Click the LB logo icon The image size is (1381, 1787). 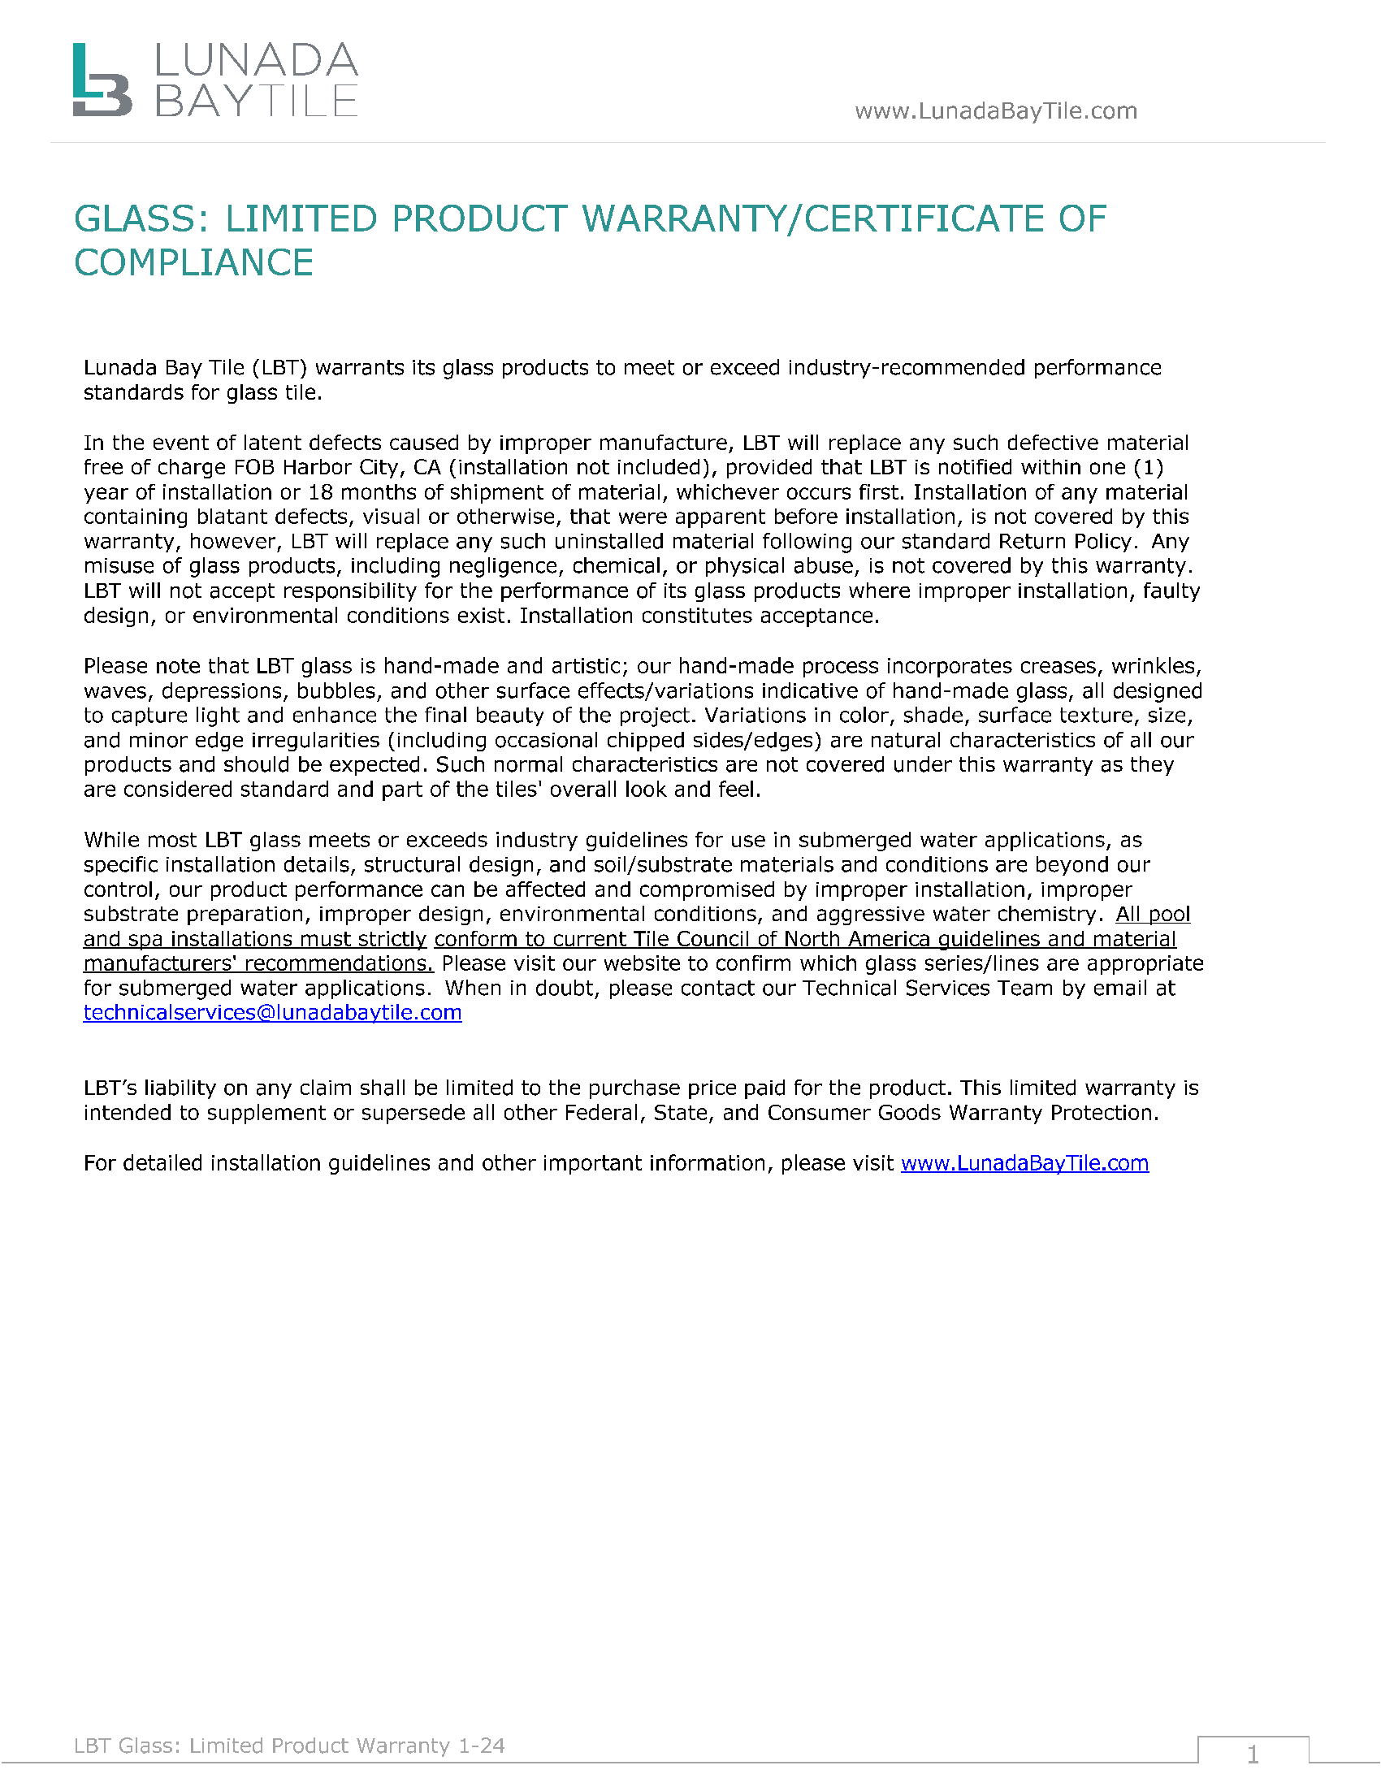[x=102, y=80]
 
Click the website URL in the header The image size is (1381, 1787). [x=996, y=110]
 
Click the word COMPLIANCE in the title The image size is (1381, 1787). [x=194, y=262]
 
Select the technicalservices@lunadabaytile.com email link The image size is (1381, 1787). [x=272, y=1013]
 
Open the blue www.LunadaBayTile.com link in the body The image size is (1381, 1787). [x=1024, y=1163]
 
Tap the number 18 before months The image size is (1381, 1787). [x=320, y=492]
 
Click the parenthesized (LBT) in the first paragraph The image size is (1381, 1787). [x=279, y=368]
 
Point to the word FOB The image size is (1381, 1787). [x=254, y=467]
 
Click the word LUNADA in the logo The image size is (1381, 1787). [x=256, y=62]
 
